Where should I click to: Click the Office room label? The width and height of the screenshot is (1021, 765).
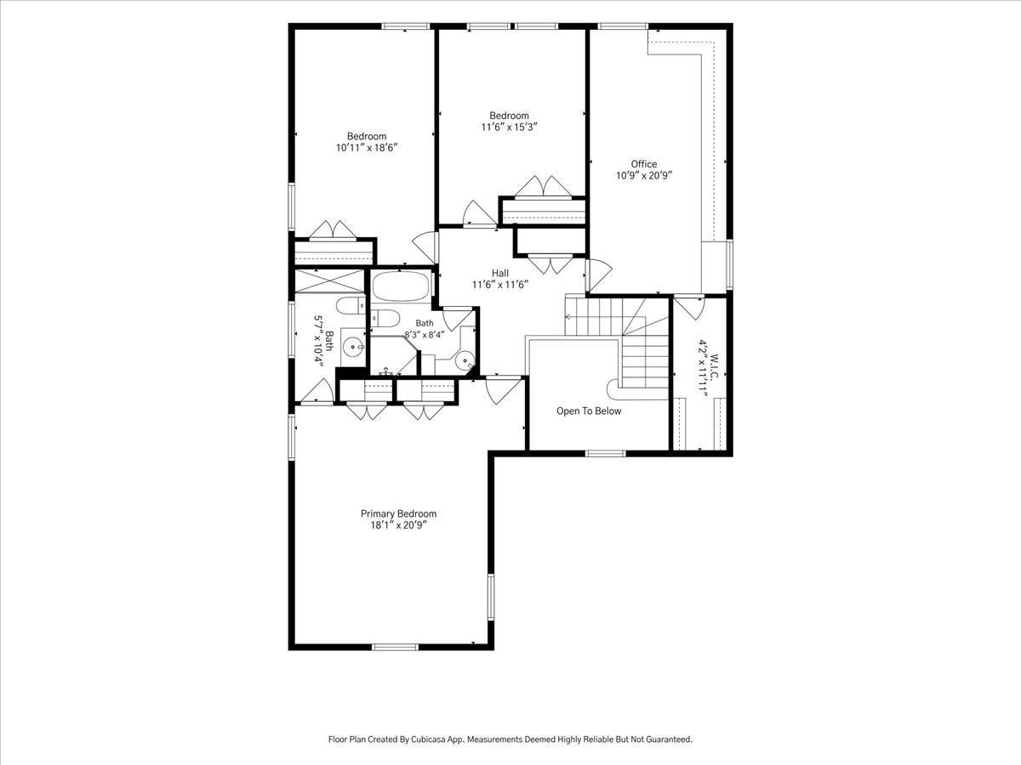(644, 164)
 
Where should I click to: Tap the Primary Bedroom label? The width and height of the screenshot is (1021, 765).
(399, 513)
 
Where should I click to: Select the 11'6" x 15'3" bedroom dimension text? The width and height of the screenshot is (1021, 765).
(510, 127)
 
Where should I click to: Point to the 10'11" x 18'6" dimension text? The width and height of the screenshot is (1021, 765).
(367, 148)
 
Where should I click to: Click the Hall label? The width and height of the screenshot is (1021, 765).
(500, 273)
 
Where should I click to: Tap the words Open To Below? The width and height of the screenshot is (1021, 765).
(589, 411)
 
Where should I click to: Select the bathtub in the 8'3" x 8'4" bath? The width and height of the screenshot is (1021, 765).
(401, 286)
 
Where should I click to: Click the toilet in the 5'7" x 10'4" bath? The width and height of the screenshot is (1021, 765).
(351, 306)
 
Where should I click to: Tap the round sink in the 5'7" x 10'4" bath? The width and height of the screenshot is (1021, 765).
(354, 347)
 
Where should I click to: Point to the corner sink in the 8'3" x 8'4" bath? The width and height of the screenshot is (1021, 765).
(465, 360)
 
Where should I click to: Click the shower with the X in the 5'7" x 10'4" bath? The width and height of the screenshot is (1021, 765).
(329, 281)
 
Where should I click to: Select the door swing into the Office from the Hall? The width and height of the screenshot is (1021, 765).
(599, 274)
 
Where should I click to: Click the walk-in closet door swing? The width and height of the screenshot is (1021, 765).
(689, 308)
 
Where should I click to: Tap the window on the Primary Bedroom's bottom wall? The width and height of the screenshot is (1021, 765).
(396, 647)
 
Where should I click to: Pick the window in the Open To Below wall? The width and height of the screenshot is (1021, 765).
(605, 453)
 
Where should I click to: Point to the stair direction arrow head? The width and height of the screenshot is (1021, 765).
(568, 317)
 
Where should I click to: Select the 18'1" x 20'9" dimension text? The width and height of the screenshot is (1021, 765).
(399, 525)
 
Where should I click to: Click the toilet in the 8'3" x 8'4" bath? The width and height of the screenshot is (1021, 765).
(385, 318)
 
